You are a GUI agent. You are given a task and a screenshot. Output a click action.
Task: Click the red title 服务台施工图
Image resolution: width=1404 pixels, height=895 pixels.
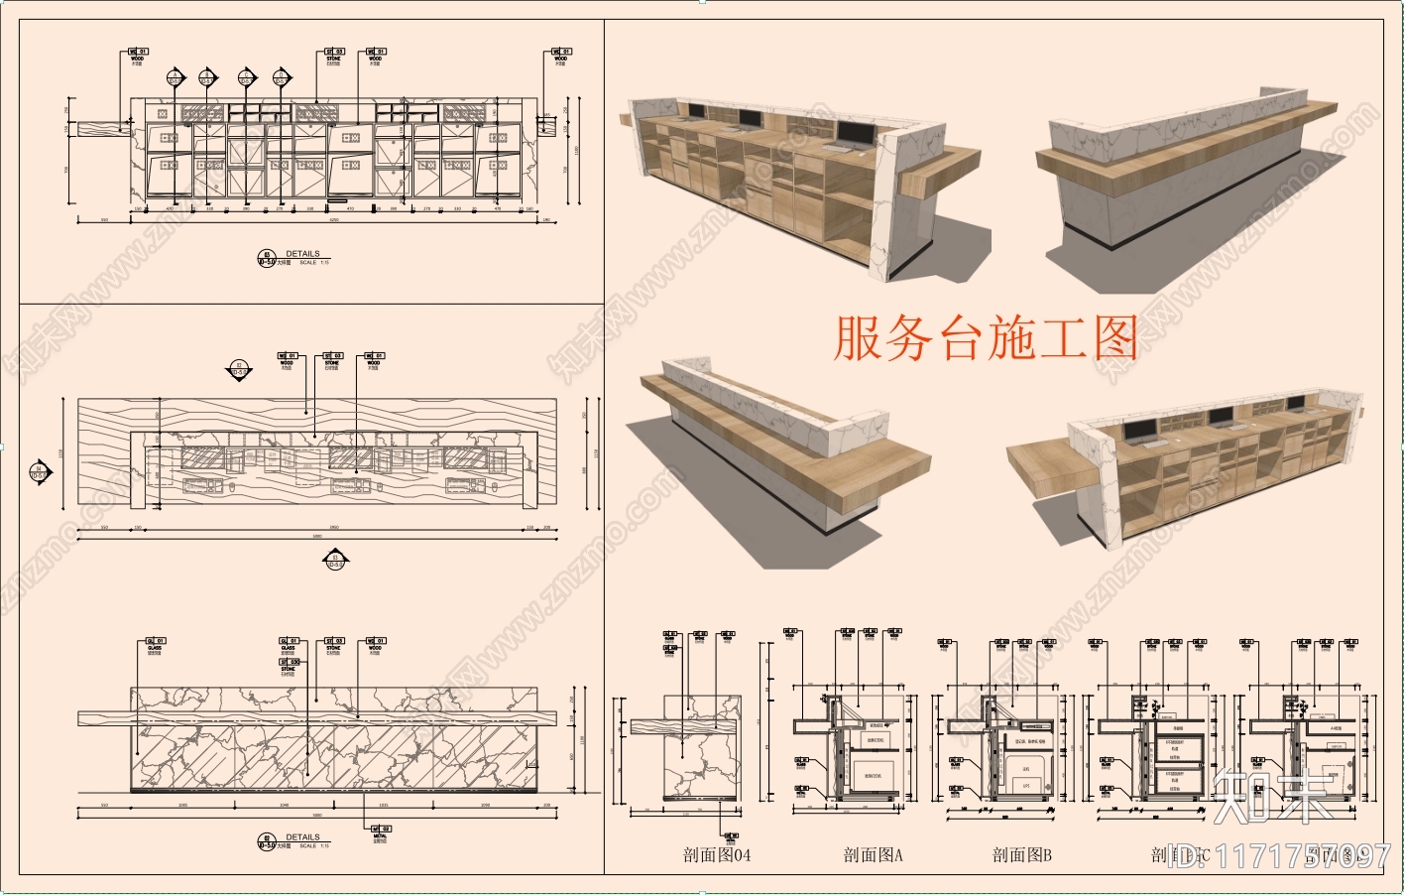(x=985, y=338)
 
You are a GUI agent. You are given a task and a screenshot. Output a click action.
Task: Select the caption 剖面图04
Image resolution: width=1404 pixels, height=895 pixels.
(x=717, y=854)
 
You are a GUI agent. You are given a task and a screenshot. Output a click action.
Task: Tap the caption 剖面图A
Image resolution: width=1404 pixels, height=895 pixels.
(x=873, y=854)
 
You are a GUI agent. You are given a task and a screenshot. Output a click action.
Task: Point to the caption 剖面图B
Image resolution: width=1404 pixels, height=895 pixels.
(x=1021, y=854)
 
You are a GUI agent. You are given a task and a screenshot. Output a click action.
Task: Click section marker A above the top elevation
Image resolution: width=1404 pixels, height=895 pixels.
(x=175, y=76)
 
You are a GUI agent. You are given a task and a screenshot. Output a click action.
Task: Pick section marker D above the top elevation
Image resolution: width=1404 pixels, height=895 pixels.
(x=281, y=76)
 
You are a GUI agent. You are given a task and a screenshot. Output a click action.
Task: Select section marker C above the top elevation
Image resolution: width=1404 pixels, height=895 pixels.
(x=246, y=76)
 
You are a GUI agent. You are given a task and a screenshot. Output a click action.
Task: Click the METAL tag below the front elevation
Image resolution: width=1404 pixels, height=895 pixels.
(x=381, y=832)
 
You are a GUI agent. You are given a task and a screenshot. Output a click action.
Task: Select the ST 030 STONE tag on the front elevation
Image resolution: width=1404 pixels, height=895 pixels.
(x=289, y=664)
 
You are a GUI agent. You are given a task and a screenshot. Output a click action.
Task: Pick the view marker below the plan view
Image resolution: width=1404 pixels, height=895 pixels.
(x=334, y=562)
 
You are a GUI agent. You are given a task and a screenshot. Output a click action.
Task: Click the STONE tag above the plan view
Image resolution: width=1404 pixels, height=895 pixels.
(x=332, y=359)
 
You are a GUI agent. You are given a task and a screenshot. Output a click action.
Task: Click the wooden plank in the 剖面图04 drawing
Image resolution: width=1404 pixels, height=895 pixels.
(x=684, y=729)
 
